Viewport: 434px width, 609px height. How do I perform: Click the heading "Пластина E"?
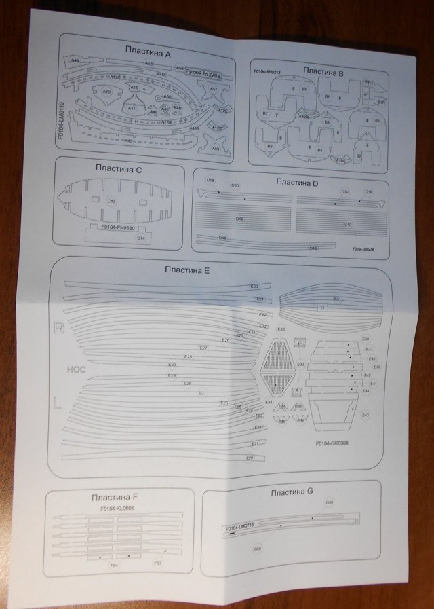pyautogui.click(x=186, y=270)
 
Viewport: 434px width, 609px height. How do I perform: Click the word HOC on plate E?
pyautogui.click(x=76, y=370)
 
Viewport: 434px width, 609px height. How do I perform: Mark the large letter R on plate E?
pyautogui.click(x=59, y=329)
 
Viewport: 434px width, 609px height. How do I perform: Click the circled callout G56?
pyautogui.click(x=330, y=503)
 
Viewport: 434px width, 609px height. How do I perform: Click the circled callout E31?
pyautogui.click(x=337, y=299)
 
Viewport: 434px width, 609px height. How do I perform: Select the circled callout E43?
pyautogui.click(x=366, y=415)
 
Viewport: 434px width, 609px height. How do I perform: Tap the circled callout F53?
pyautogui.click(x=157, y=563)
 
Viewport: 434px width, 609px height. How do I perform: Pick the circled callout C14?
pyautogui.click(x=141, y=238)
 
